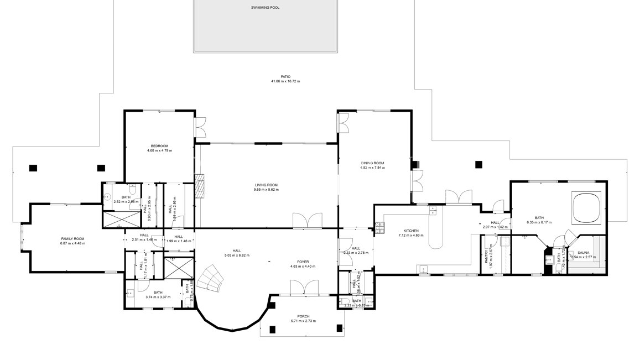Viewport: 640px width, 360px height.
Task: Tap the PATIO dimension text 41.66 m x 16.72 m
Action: coord(285,81)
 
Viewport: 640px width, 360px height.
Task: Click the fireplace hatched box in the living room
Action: coord(199,186)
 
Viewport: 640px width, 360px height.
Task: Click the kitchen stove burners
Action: coord(380,225)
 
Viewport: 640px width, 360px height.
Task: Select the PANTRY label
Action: coord(487,263)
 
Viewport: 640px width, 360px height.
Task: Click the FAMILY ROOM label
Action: coord(73,239)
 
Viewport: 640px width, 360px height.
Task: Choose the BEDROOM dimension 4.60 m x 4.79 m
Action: coord(159,150)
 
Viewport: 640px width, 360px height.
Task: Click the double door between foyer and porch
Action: coord(304,288)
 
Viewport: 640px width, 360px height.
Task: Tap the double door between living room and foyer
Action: coord(305,221)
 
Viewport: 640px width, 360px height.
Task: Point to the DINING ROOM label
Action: coord(372,163)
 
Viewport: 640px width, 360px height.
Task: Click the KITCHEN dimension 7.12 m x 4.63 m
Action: coord(410,235)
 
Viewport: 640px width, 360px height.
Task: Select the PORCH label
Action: coord(303,316)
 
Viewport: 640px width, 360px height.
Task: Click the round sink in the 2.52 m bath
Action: coord(107,197)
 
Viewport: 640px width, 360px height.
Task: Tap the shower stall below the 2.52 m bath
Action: coord(121,220)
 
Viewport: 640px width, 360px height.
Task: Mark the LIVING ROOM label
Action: coord(266,185)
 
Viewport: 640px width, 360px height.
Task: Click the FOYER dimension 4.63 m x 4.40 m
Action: coord(303,267)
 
